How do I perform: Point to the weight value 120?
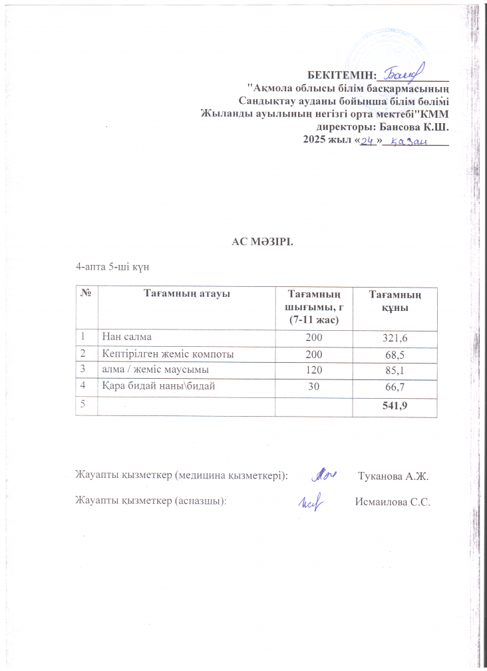pyautogui.click(x=313, y=371)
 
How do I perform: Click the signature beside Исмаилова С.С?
pyautogui.click(x=310, y=501)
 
